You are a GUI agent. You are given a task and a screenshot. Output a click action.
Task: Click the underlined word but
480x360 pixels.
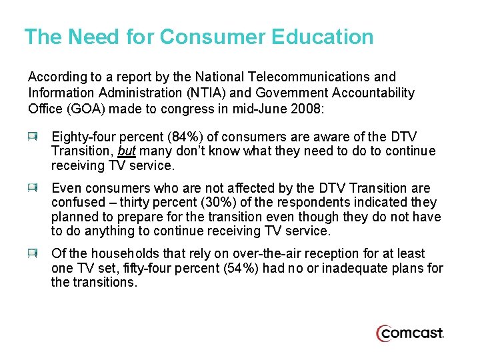[x=127, y=151]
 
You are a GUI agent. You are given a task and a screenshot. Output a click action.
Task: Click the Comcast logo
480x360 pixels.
[x=410, y=333]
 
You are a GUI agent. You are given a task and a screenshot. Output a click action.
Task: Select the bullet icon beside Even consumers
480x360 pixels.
[x=33, y=188]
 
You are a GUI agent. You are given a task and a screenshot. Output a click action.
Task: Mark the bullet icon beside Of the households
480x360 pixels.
[x=33, y=253]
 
